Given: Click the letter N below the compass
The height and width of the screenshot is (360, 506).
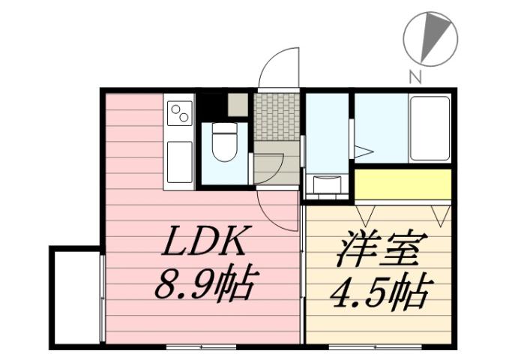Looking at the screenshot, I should (x=415, y=75).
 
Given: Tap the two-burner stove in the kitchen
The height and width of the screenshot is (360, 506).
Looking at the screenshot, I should (x=180, y=115).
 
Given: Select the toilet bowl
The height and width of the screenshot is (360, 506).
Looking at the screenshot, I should (x=224, y=142).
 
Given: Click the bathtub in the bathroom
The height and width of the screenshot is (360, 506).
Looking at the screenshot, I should (x=430, y=128).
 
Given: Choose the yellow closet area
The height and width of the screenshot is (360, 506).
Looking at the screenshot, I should (x=403, y=184).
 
